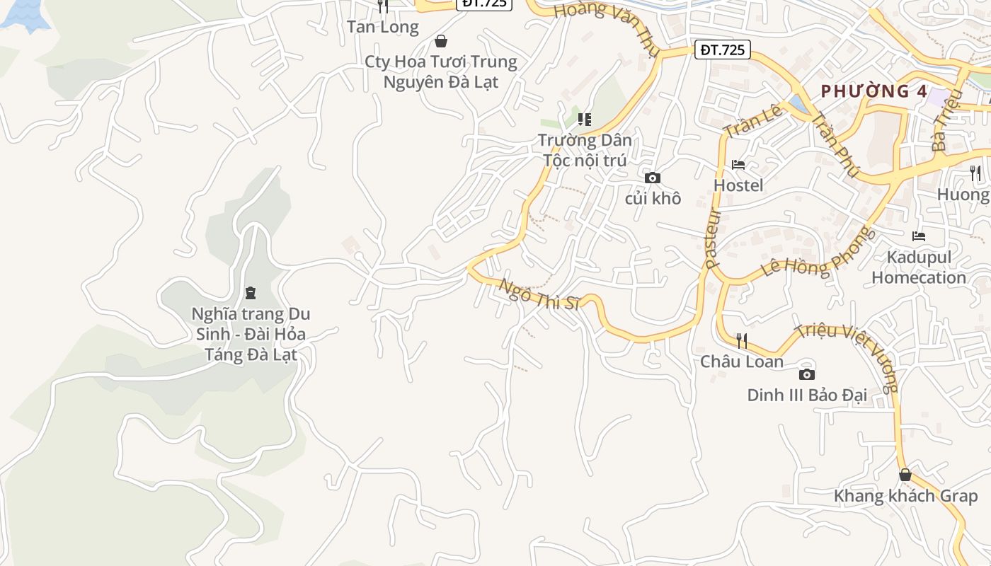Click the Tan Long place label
383,27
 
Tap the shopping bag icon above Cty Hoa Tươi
441,41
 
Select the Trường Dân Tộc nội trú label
585,150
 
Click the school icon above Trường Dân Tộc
584,119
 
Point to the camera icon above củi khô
653,178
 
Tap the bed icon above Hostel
738,165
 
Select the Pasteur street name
713,238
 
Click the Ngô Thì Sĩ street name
539,294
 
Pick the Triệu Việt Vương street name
847,357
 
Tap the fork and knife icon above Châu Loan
742,341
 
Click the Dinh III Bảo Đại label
807,395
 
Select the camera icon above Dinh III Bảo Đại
806,374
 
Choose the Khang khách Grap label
905,495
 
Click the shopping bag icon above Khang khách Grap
905,475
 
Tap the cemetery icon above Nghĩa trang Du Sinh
250,292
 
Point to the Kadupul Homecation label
919,267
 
